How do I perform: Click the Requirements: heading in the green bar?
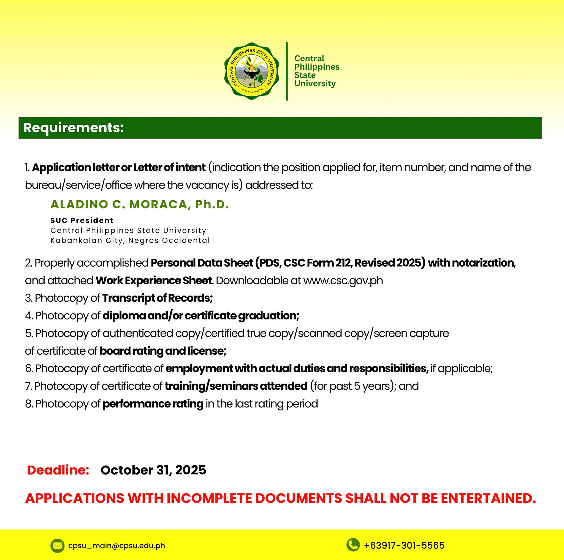click(x=74, y=128)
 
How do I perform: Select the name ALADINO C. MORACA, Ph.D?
click(x=140, y=204)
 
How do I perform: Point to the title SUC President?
click(x=82, y=220)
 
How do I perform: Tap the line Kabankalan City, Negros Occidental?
click(x=130, y=240)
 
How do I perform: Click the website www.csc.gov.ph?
click(x=343, y=281)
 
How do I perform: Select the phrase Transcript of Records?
click(x=157, y=298)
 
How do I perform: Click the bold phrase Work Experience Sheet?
click(x=154, y=281)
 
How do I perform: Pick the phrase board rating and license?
click(x=163, y=351)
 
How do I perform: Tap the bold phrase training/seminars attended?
click(x=236, y=386)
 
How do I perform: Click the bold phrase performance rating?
click(x=153, y=404)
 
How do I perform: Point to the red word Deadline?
click(x=58, y=471)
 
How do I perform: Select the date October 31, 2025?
click(x=153, y=471)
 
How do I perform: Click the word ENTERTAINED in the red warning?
click(x=488, y=498)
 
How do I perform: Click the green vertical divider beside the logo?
click(x=287, y=71)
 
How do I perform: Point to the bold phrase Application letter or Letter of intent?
click(x=119, y=168)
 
